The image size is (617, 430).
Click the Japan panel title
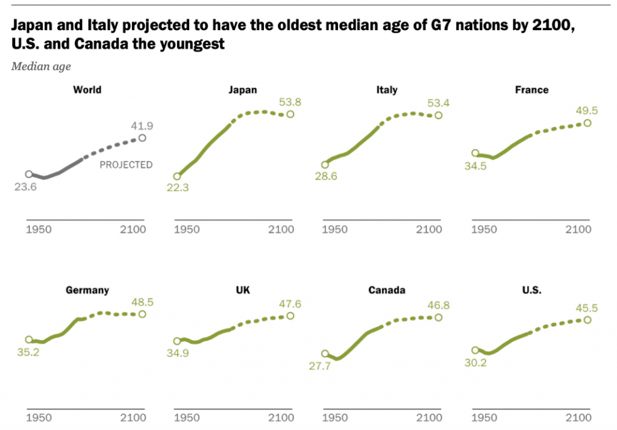click(242, 90)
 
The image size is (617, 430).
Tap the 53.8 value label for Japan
click(290, 101)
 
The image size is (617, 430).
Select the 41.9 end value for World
click(142, 126)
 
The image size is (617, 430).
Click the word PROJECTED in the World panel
click(126, 164)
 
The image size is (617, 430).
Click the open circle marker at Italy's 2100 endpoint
click(438, 115)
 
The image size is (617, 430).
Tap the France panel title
click(531, 90)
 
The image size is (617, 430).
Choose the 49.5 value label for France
click(586, 110)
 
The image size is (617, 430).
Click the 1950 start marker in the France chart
click(475, 154)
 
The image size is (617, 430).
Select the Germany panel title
click(87, 290)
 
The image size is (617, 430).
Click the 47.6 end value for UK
click(290, 303)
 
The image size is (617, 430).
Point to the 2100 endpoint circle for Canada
click(438, 317)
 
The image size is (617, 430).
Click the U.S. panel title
click(532, 290)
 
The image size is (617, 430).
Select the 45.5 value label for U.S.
click(586, 308)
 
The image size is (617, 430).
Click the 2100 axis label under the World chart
click(133, 230)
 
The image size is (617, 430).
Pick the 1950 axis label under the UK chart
click(187, 417)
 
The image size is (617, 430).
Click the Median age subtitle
click(41, 67)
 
